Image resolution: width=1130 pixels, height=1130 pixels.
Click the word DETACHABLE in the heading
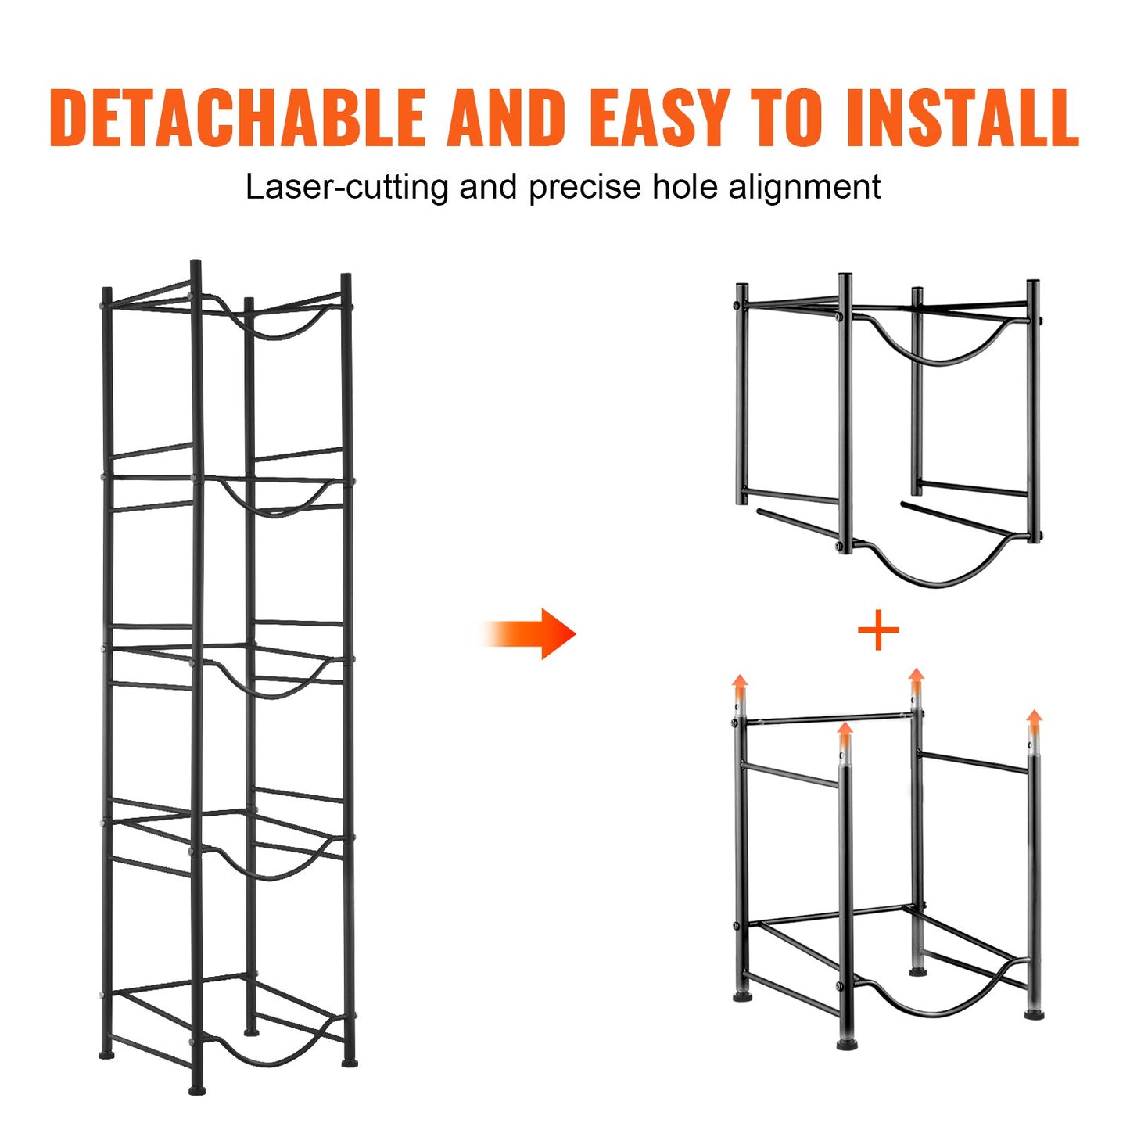[x=237, y=118]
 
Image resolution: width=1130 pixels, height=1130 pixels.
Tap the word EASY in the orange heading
[x=661, y=118]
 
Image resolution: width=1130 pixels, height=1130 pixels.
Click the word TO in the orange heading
[x=787, y=118]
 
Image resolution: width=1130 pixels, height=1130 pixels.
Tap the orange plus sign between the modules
[x=878, y=631]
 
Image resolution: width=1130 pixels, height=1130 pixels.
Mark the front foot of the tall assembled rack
[x=198, y=1088]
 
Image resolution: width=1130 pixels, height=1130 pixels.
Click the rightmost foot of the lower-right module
[x=1034, y=1014]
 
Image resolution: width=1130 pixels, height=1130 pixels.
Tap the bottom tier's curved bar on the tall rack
[x=270, y=1060]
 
